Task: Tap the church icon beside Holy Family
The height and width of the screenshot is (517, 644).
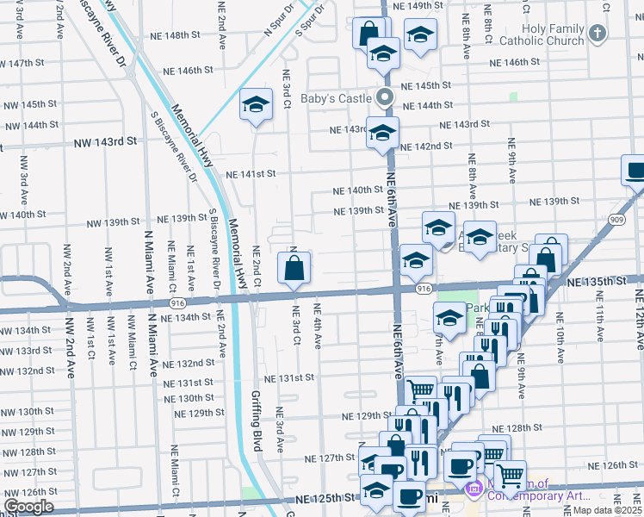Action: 598,34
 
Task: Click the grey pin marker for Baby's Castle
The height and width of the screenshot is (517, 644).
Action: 387,97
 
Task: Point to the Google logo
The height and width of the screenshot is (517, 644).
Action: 28,507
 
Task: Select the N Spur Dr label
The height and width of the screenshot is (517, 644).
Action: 274,25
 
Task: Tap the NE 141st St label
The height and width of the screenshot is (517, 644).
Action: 251,174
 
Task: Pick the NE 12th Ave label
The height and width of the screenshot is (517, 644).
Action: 639,320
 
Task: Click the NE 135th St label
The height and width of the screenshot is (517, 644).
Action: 596,281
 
